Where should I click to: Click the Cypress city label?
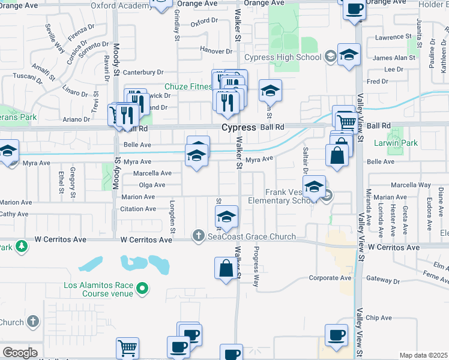click(239, 128)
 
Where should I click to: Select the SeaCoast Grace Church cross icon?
click(199, 236)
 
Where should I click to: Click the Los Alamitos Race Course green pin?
click(142, 289)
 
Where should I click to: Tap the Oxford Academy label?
click(119, 5)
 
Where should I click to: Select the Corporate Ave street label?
click(330, 278)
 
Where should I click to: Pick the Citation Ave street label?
click(138, 209)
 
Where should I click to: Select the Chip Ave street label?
click(378, 318)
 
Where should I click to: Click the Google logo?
click(20, 353)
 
